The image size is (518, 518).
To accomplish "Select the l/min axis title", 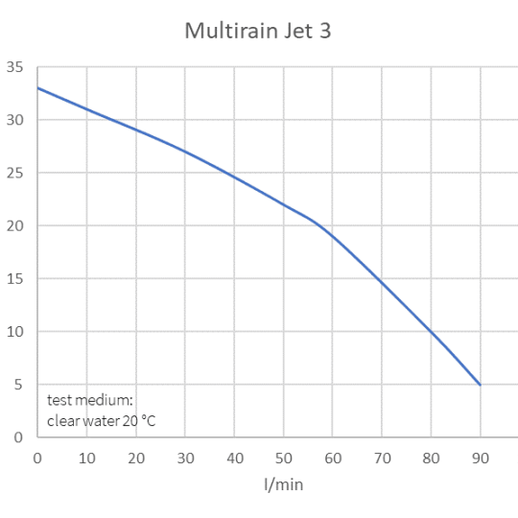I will click(x=283, y=485).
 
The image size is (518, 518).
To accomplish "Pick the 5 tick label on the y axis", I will click(x=16, y=385).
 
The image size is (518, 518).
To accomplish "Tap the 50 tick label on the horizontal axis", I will click(x=283, y=458).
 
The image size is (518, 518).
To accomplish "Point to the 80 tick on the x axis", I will click(x=431, y=458).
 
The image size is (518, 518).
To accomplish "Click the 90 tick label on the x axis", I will click(x=480, y=458).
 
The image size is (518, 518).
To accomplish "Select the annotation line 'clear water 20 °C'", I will click(x=101, y=421).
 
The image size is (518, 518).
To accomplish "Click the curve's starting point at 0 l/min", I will click(x=37, y=88).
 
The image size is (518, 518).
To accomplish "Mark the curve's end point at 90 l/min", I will click(x=480, y=385).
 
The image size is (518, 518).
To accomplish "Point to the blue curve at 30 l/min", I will click(x=184, y=152).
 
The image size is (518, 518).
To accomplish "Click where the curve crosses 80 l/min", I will click(x=431, y=332).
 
